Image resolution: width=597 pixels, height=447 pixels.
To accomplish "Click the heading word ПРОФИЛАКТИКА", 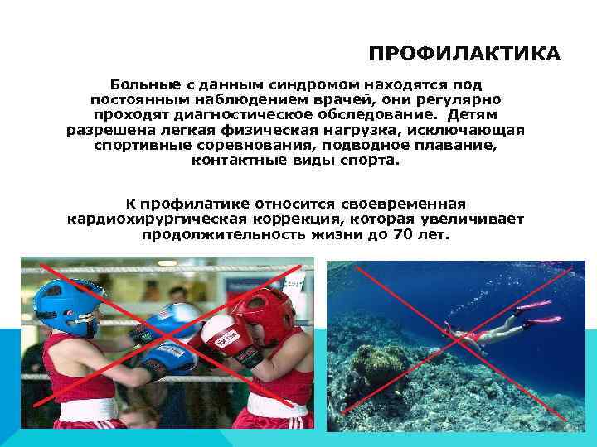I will [x=464, y=55].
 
